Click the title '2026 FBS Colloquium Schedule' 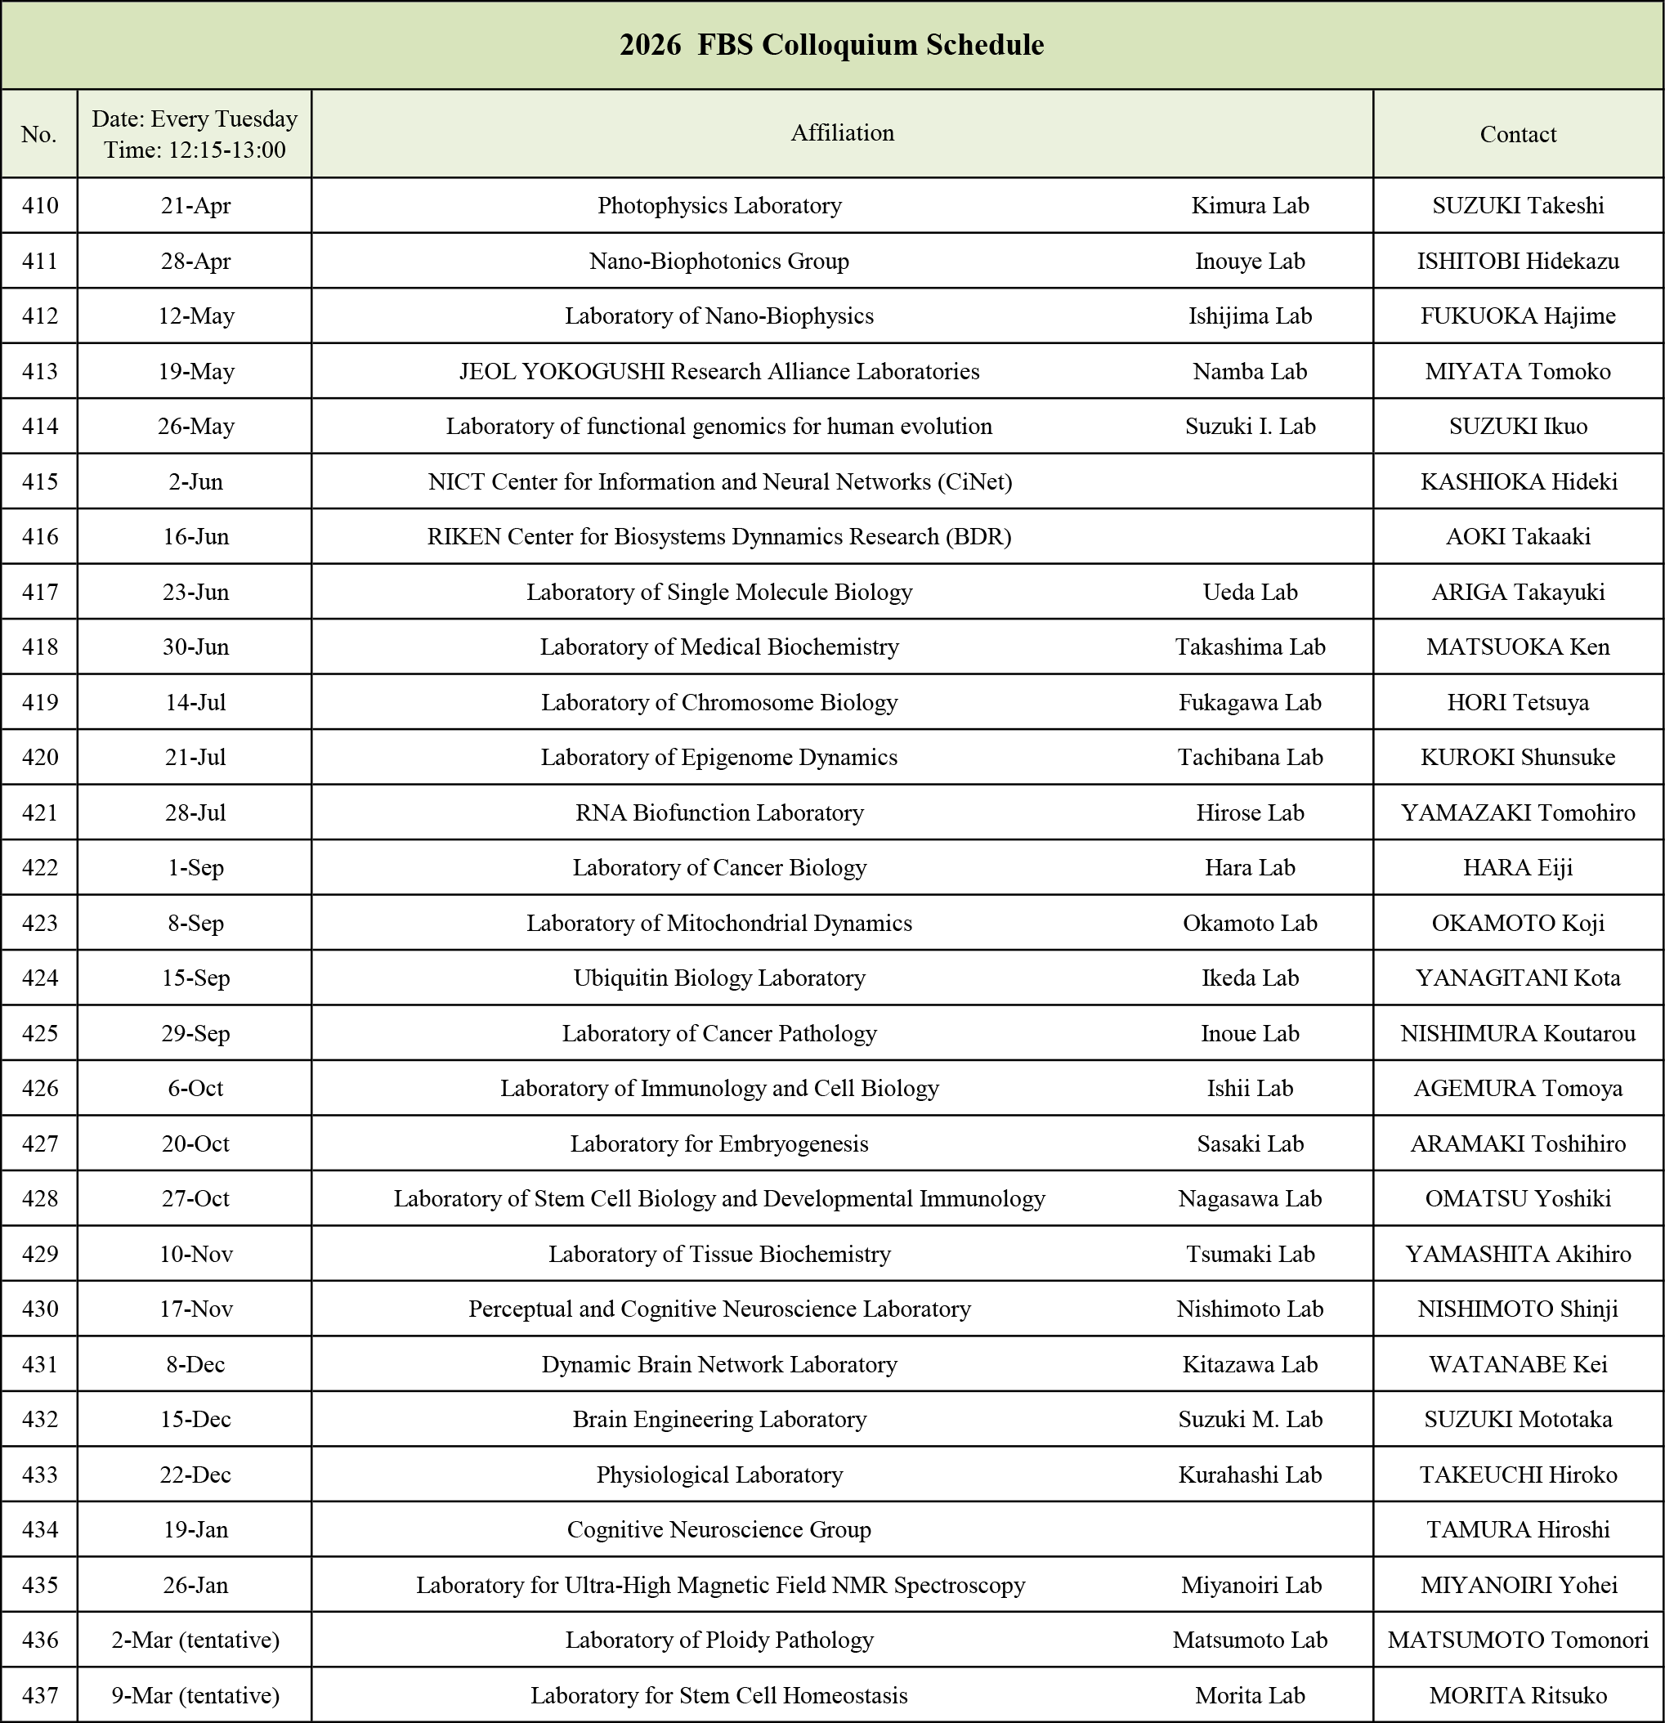831,45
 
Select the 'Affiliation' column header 842,132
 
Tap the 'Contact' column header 1517,133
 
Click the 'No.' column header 38,133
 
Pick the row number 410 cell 39,206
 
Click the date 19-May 196,371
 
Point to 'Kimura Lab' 1249,206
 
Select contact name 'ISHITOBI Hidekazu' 1517,261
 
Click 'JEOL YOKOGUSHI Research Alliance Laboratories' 719,371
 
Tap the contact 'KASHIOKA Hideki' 1518,481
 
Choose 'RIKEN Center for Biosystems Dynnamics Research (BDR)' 719,536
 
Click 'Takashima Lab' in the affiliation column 1249,647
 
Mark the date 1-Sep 196,868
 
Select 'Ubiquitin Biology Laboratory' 719,978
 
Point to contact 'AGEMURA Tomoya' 1517,1088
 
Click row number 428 39,1198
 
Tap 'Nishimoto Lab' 1249,1309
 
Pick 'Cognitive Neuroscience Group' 719,1529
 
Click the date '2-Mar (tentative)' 195,1640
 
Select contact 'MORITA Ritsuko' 1517,1695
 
